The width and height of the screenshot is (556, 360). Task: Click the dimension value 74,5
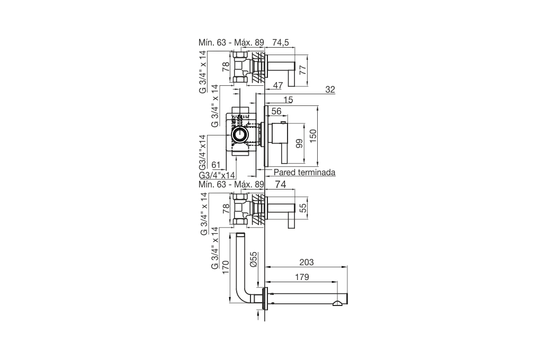[281, 42]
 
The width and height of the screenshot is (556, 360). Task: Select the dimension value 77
[302, 70]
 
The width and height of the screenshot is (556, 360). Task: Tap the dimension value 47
[278, 85]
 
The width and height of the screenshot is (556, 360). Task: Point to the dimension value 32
[330, 89]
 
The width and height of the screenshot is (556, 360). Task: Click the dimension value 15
[288, 100]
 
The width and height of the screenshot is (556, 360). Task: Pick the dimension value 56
[276, 111]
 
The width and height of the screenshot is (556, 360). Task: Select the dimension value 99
[300, 143]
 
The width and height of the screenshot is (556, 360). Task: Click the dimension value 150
[313, 136]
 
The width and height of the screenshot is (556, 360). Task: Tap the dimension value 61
[216, 165]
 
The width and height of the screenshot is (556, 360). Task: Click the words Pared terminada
[304, 173]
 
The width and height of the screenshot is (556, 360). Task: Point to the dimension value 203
[307, 262]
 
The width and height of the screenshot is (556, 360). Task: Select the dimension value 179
[302, 277]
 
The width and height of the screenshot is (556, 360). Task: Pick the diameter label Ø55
[253, 259]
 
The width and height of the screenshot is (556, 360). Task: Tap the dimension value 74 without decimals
[281, 184]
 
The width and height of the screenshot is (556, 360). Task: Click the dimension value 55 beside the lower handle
[302, 208]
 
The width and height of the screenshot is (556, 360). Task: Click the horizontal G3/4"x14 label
[217, 175]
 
